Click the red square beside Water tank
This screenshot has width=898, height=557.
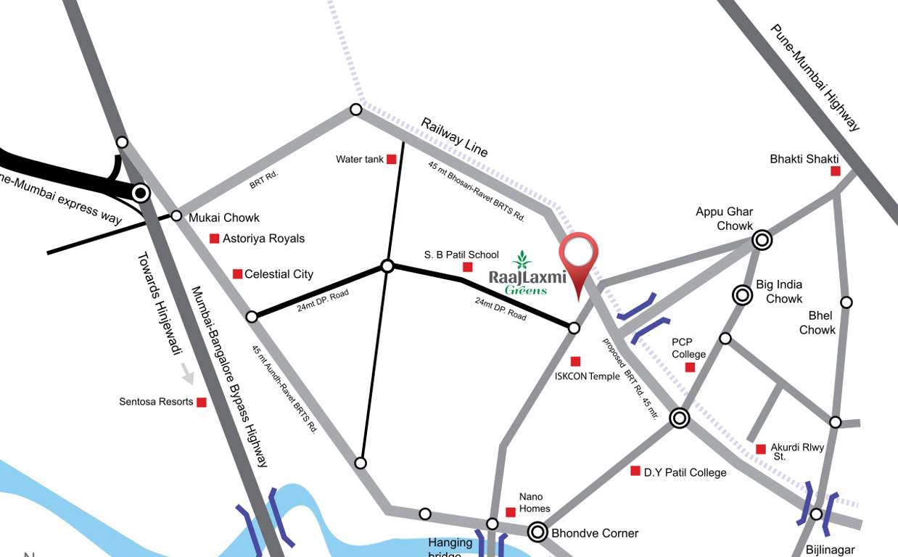point(392,159)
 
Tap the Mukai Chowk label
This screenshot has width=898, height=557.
point(223,218)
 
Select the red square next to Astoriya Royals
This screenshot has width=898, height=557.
point(215,239)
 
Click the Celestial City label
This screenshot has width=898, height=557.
point(279,274)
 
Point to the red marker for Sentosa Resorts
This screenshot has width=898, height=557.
point(202,402)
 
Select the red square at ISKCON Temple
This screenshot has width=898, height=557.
point(575,361)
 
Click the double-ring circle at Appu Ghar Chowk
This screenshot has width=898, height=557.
point(762,239)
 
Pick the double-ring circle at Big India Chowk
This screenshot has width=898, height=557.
point(742,294)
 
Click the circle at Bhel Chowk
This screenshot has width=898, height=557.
point(846,302)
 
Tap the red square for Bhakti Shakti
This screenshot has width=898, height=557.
point(836,171)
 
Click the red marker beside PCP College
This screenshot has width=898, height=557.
point(691,368)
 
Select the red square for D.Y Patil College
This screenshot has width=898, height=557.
point(635,471)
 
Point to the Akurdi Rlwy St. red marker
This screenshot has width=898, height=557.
point(761,449)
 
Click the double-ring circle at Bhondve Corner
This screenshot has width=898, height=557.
point(537,532)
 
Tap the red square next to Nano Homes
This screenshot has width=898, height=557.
point(511,512)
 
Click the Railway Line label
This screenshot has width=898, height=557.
point(455,137)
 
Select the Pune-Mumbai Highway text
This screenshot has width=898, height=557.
point(815,78)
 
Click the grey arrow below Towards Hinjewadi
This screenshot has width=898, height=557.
point(188,376)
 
